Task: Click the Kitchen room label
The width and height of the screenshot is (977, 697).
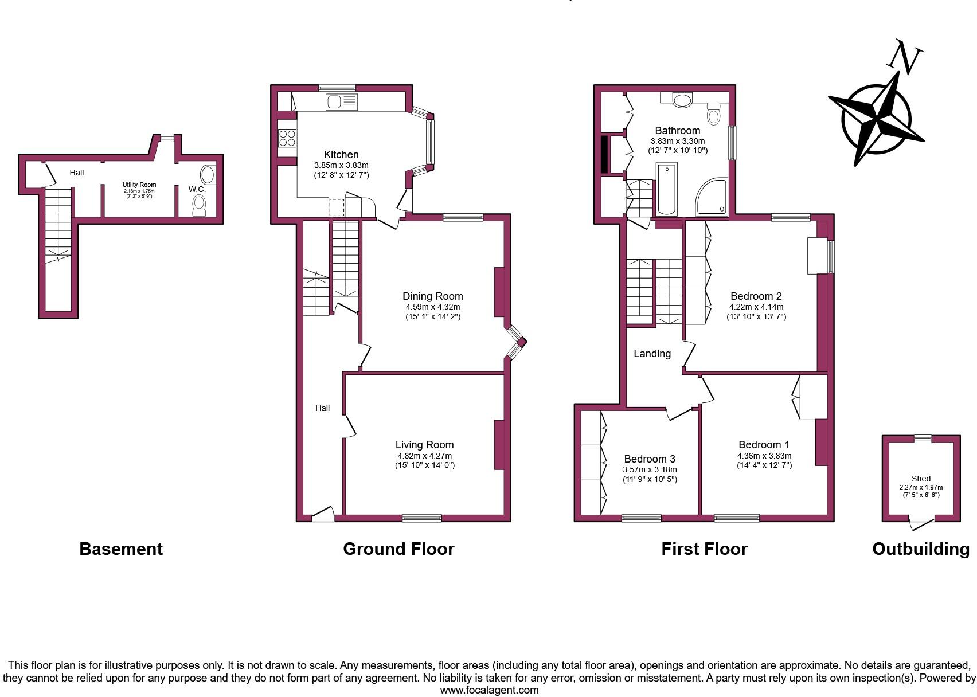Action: pyautogui.click(x=341, y=155)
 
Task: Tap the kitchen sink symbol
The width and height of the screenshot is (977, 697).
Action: pyautogui.click(x=341, y=103)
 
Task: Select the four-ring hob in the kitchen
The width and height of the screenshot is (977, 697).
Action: pyautogui.click(x=287, y=138)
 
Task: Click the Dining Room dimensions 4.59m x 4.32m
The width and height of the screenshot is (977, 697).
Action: pyautogui.click(x=432, y=307)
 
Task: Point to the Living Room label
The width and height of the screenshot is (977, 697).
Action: pyautogui.click(x=424, y=445)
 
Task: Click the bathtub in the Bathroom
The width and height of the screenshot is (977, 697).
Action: pyautogui.click(x=666, y=189)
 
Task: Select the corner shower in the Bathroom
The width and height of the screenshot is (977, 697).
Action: pyautogui.click(x=712, y=198)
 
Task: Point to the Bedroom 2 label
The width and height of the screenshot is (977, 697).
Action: pyautogui.click(x=756, y=296)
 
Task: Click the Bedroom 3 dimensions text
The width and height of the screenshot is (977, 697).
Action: pyautogui.click(x=650, y=474)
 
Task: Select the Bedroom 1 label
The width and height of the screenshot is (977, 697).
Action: pyautogui.click(x=764, y=445)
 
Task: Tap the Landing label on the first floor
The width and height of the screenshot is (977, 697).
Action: pyautogui.click(x=652, y=354)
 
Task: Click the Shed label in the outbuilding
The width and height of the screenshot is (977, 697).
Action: pyautogui.click(x=921, y=479)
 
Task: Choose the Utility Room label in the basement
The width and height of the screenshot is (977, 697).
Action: pyautogui.click(x=139, y=185)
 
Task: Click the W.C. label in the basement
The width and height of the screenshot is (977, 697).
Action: pyautogui.click(x=197, y=189)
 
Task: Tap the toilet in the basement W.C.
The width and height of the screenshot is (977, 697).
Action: pyautogui.click(x=199, y=205)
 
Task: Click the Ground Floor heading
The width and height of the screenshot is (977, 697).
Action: pyautogui.click(x=398, y=549)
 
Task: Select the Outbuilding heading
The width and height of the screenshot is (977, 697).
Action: pyautogui.click(x=920, y=549)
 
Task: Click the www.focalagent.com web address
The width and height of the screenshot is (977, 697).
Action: pyautogui.click(x=489, y=690)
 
